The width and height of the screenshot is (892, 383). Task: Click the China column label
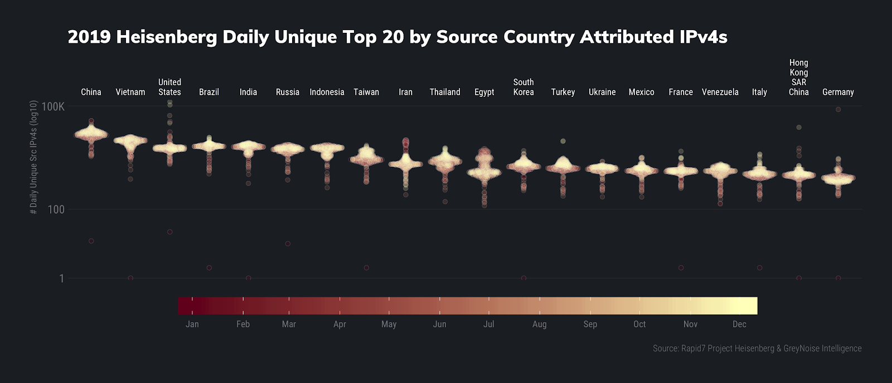pyautogui.click(x=91, y=92)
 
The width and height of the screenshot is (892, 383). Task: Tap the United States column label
pyautogui.click(x=169, y=87)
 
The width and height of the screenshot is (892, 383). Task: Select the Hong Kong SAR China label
pyautogui.click(x=798, y=77)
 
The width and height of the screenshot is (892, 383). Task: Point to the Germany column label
pyautogui.click(x=838, y=92)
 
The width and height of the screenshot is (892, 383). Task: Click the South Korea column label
pyautogui.click(x=523, y=87)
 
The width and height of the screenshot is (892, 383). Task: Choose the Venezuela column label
pyautogui.click(x=720, y=92)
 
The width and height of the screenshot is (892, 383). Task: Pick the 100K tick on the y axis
pyautogui.click(x=53, y=106)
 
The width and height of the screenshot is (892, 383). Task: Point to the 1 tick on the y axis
pyautogui.click(x=61, y=278)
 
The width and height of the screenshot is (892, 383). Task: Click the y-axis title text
pyautogui.click(x=33, y=158)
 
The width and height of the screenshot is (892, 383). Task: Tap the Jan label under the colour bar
pyautogui.click(x=192, y=324)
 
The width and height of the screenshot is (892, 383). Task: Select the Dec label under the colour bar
pyautogui.click(x=739, y=324)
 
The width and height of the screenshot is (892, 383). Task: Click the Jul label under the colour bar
pyautogui.click(x=488, y=324)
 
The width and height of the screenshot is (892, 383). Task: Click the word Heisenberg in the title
pyautogui.click(x=167, y=37)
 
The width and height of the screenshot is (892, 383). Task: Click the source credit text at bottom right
pyautogui.click(x=757, y=348)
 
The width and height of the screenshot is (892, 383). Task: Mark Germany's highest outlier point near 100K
pyautogui.click(x=838, y=110)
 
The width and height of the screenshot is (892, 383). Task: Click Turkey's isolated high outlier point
pyautogui.click(x=563, y=141)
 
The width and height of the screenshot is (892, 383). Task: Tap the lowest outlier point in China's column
pyautogui.click(x=91, y=241)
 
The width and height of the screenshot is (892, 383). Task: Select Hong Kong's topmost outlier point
pyautogui.click(x=799, y=127)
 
